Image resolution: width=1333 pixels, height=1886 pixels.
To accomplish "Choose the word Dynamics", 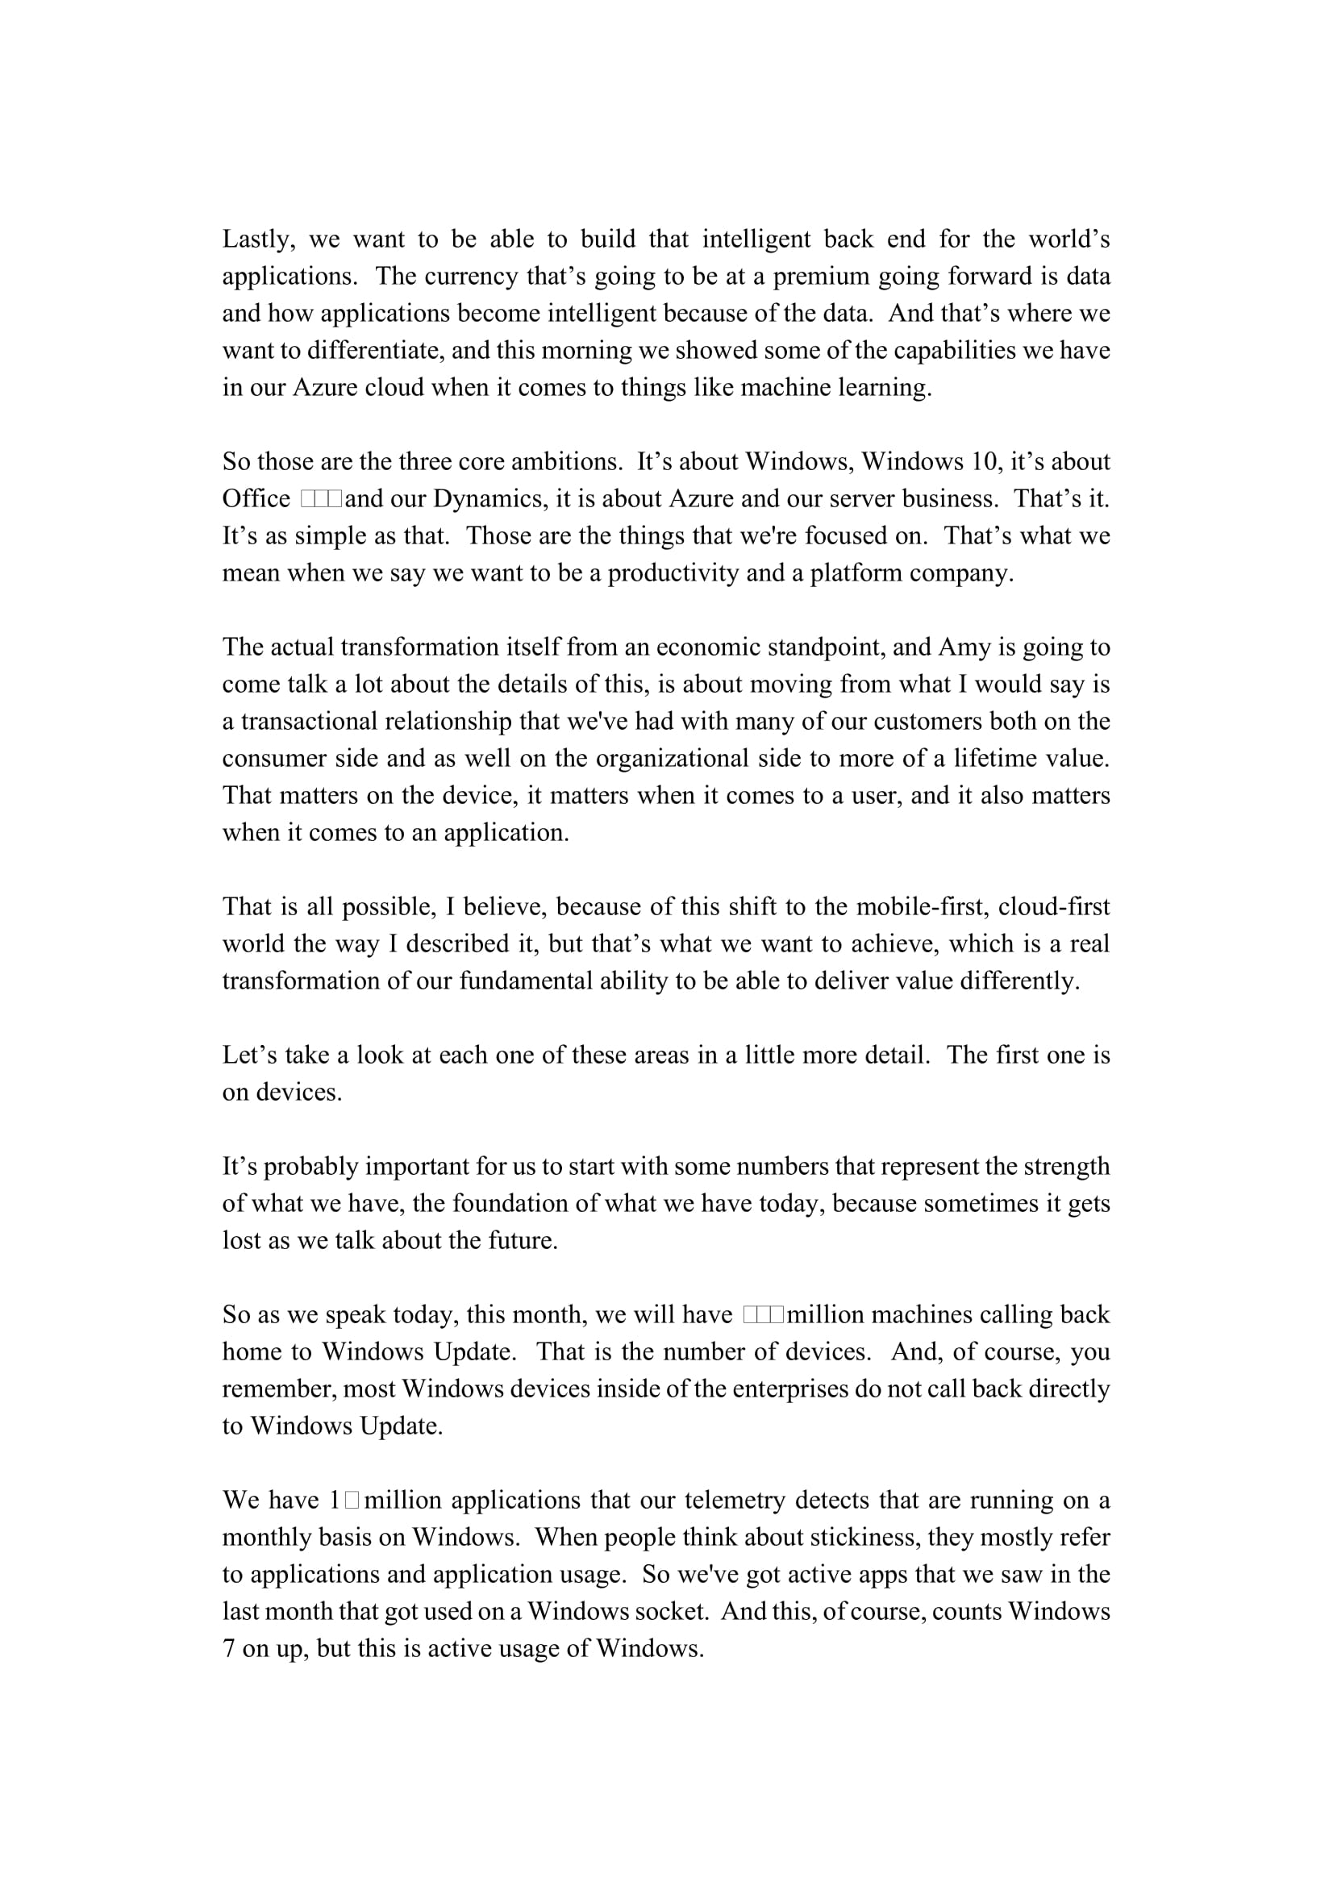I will pos(488,498).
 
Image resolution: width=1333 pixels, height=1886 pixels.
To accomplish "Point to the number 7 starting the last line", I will pos(228,1649).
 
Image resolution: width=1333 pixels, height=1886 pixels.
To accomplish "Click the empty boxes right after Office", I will pos(321,498).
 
